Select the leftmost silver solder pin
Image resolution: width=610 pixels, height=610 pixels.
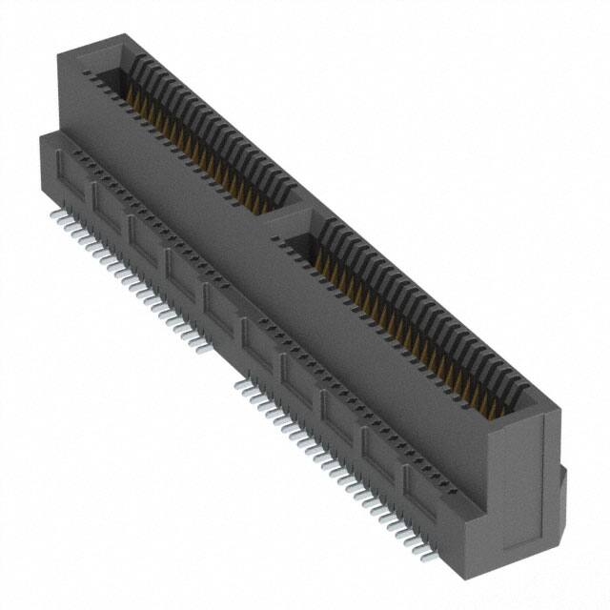tap(55, 216)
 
